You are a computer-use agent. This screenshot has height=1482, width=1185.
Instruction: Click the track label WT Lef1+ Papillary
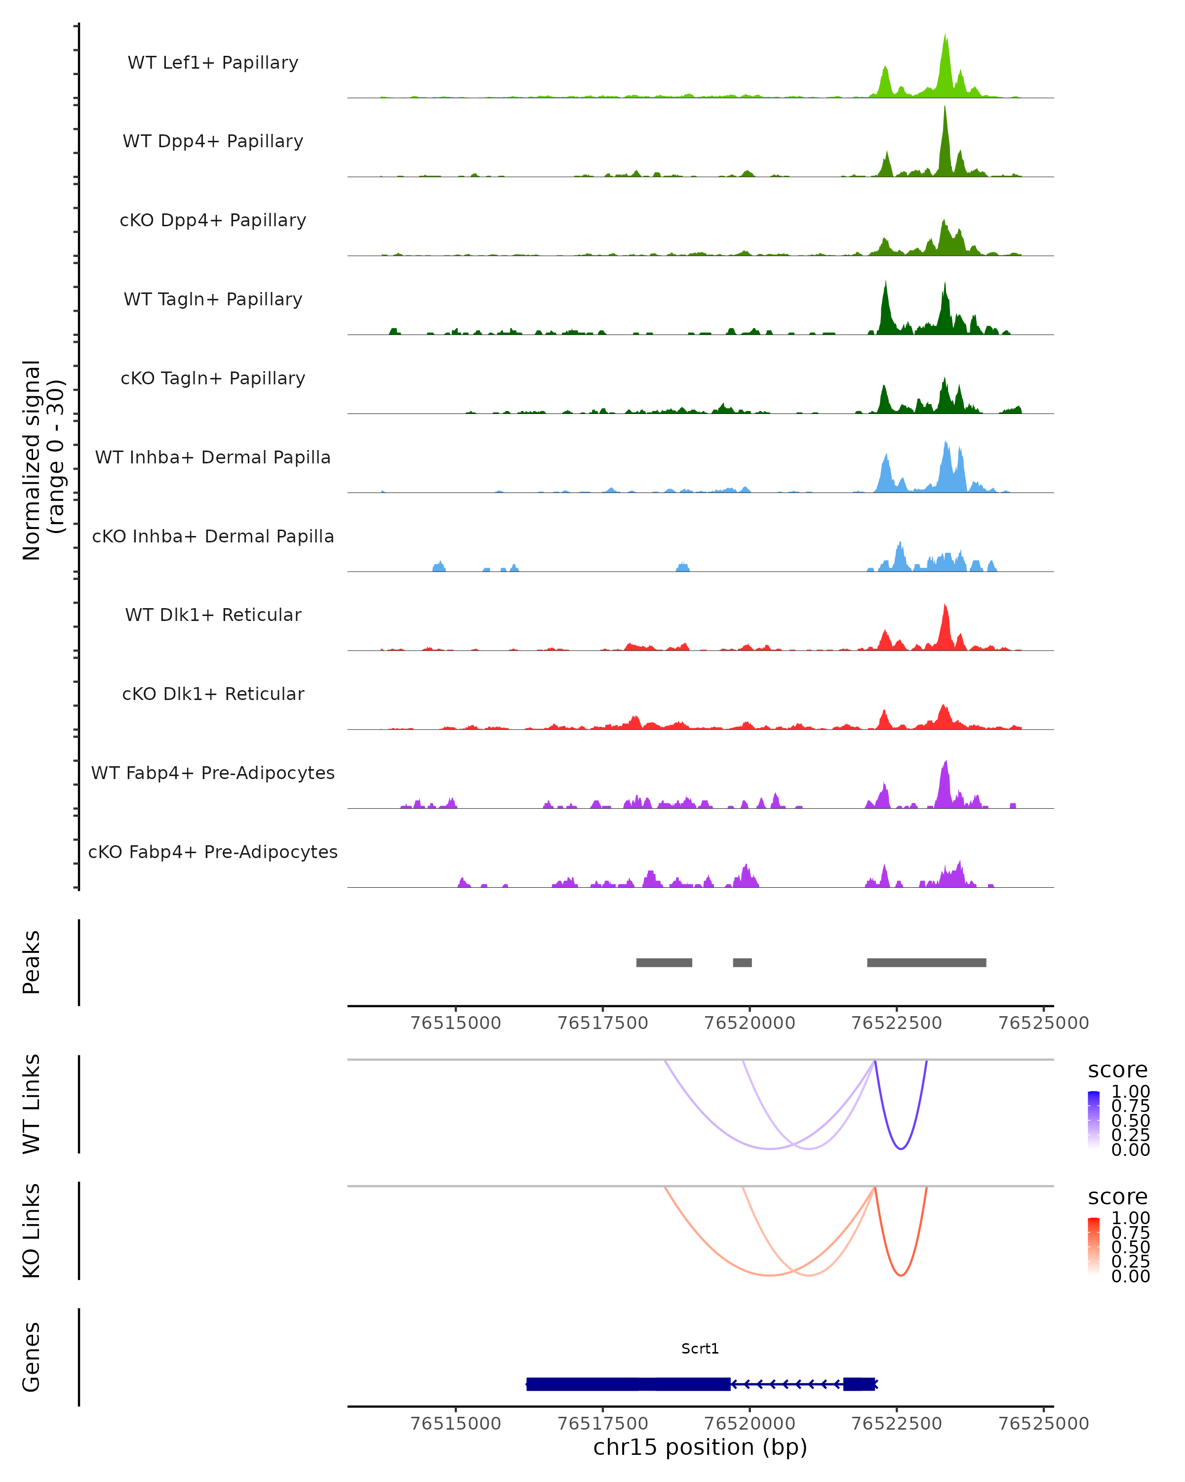(x=213, y=63)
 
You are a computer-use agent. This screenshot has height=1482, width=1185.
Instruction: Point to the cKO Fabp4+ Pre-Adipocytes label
(x=213, y=852)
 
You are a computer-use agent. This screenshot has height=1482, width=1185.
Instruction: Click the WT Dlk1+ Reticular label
(x=213, y=615)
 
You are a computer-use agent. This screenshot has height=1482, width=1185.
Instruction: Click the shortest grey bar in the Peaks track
(x=742, y=962)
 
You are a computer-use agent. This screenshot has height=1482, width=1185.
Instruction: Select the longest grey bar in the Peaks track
(x=926, y=962)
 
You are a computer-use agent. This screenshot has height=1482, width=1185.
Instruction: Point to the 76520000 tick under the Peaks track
(x=750, y=1023)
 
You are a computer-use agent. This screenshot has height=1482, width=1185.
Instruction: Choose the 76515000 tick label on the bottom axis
(x=455, y=1424)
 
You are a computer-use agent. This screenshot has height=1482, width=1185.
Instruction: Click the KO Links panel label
(x=32, y=1231)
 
